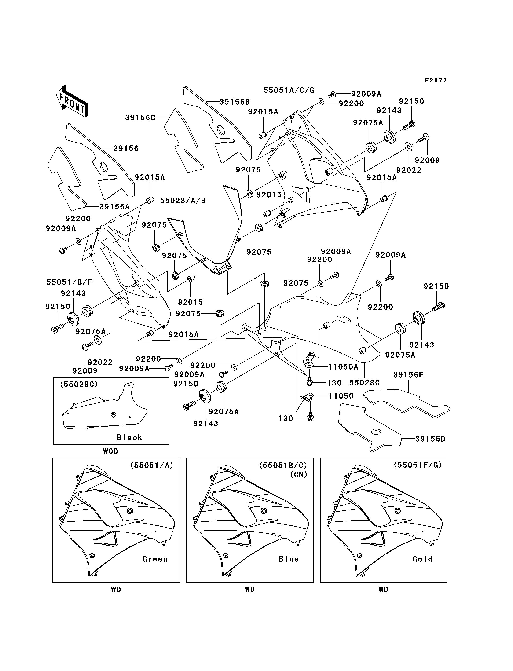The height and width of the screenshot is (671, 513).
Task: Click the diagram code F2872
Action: tap(436, 80)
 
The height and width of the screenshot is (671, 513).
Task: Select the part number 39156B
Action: tap(235, 102)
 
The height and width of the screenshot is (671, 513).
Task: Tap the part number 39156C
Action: tap(140, 117)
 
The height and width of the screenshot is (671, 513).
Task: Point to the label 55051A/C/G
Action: tap(289, 90)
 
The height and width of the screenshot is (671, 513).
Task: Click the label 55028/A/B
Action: tap(183, 201)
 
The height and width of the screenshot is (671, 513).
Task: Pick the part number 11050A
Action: tap(343, 367)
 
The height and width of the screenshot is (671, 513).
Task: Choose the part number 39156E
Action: tap(408, 375)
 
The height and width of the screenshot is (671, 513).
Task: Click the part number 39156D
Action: tap(430, 439)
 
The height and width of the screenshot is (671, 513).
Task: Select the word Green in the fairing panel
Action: tap(155, 559)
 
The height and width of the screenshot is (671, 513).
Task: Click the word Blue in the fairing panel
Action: tap(289, 559)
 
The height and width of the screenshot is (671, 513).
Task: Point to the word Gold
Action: tap(423, 559)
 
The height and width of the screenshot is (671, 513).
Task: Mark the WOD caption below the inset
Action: tap(110, 451)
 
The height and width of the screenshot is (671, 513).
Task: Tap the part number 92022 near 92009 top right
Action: tap(409, 170)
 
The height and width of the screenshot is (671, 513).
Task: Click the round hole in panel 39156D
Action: tap(376, 432)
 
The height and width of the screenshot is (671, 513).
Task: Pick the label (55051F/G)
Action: tap(418, 465)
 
